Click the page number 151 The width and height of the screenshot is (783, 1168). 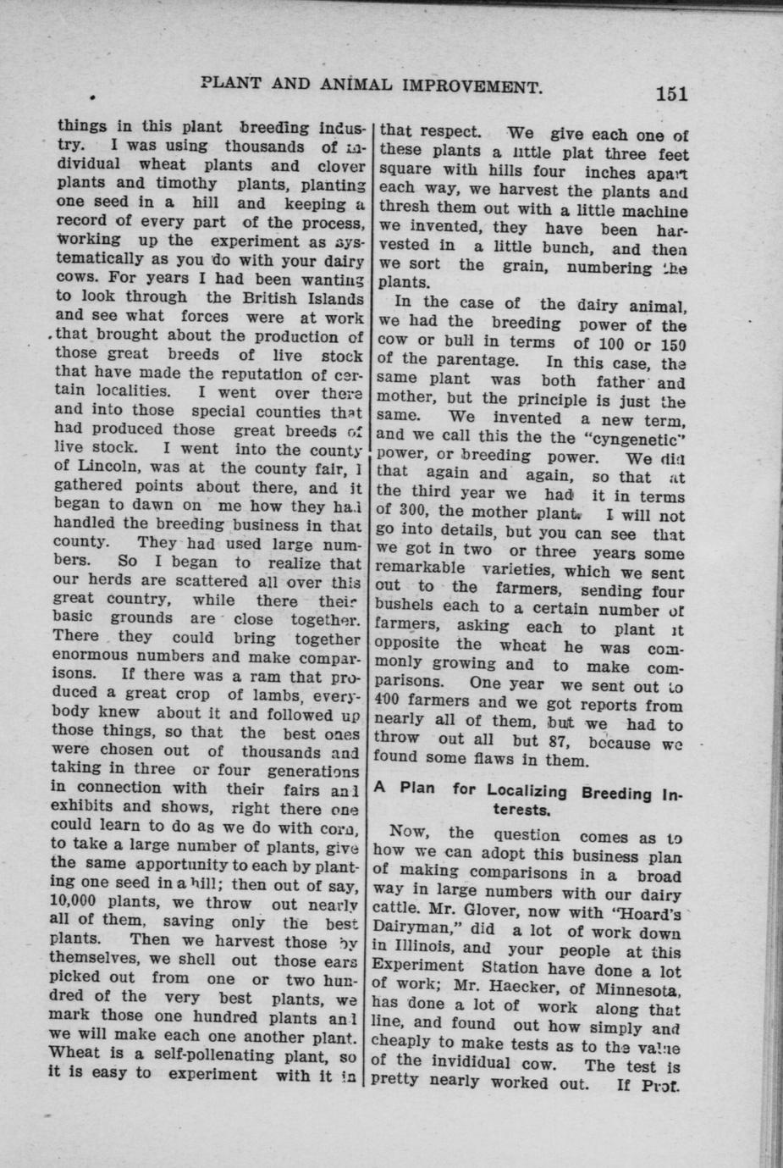tap(670, 93)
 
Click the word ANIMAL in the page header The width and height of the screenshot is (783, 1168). tap(358, 85)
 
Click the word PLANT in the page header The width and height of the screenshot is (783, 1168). tap(230, 84)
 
